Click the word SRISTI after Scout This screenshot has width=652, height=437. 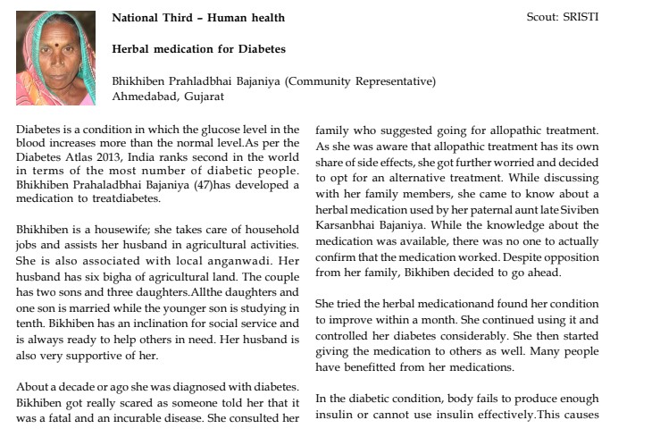click(x=581, y=17)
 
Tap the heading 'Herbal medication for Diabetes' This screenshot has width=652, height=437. click(x=198, y=48)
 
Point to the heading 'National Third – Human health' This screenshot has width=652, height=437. click(x=198, y=17)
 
